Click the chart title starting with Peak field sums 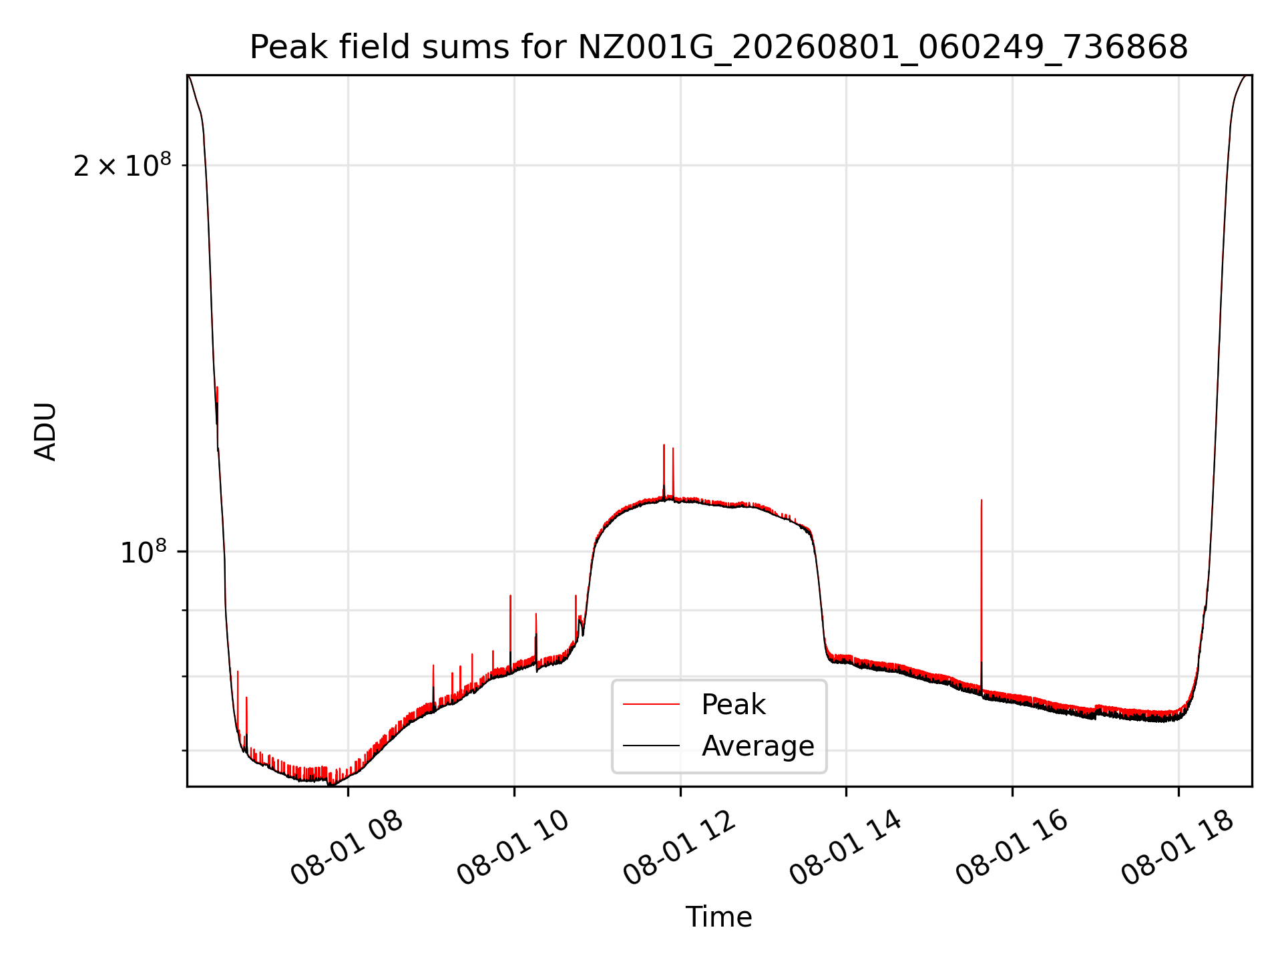718,47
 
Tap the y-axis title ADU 45,431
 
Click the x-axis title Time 718,917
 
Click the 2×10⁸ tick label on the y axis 122,165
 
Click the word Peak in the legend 733,705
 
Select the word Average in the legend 758,746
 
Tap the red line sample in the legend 652,704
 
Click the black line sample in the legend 652,746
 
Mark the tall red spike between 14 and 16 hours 981,595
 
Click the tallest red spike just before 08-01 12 664,471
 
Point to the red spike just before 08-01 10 510,631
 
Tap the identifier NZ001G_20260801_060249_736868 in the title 883,47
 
